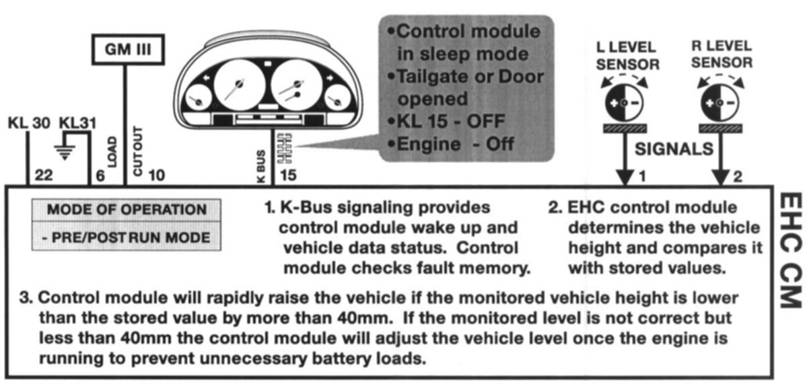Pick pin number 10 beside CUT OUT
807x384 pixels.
pyautogui.click(x=155, y=176)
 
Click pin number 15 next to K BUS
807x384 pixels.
pyautogui.click(x=288, y=176)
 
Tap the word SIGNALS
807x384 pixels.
pyautogui.click(x=673, y=149)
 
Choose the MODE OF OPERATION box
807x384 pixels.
pyautogui.click(x=126, y=209)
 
